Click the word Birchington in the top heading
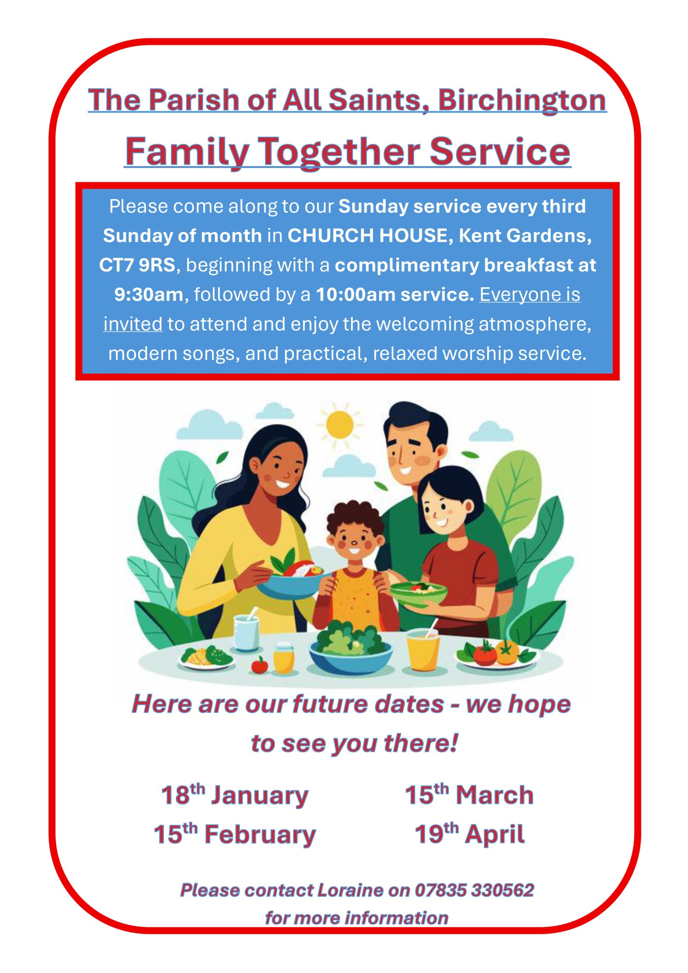click(522, 100)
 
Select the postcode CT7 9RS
click(137, 265)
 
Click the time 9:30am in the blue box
click(149, 295)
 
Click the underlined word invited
click(133, 324)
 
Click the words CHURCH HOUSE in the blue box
click(368, 236)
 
